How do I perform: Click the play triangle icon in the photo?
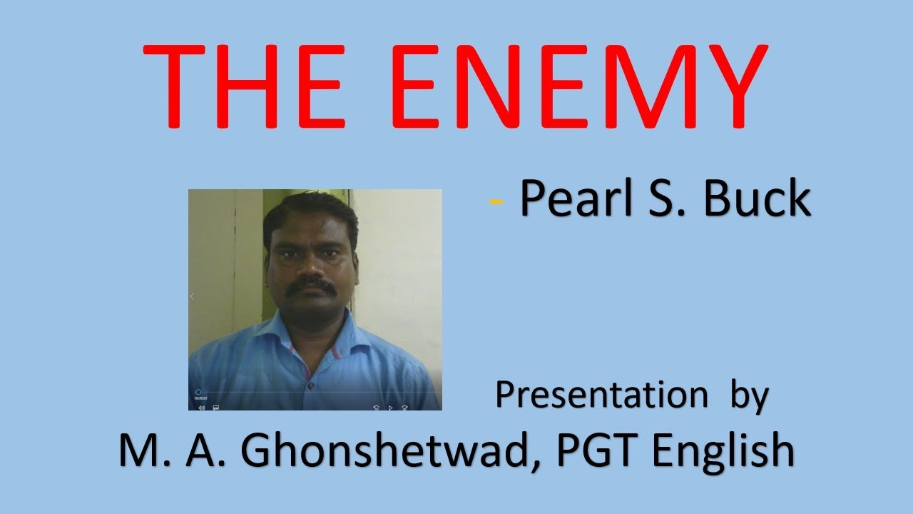390,407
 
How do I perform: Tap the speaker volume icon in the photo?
201,407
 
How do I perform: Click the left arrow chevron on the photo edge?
192,296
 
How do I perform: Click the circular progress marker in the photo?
198,392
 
